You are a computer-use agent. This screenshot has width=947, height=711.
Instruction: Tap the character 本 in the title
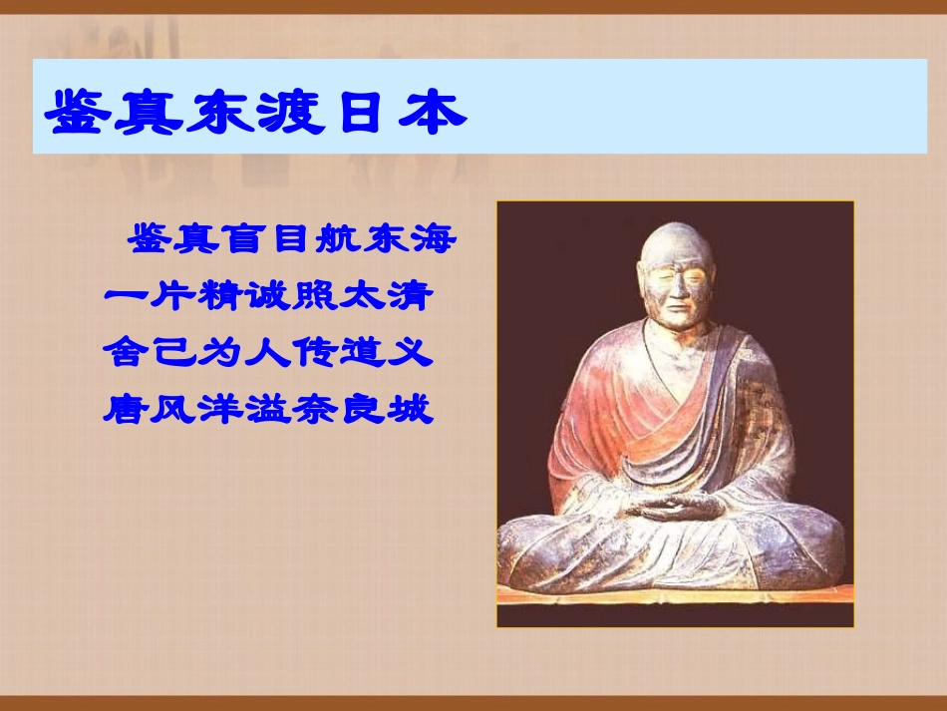[x=433, y=113]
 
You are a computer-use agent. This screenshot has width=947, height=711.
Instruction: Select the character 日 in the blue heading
[x=361, y=113]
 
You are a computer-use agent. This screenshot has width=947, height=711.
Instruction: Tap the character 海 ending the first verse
[x=434, y=238]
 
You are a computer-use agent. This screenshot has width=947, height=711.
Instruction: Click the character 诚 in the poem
[x=269, y=295]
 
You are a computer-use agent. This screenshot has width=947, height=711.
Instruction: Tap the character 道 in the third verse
[x=364, y=352]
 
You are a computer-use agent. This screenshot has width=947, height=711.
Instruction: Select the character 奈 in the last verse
[x=316, y=409]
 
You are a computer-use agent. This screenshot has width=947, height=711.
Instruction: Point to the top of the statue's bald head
[x=677, y=224]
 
